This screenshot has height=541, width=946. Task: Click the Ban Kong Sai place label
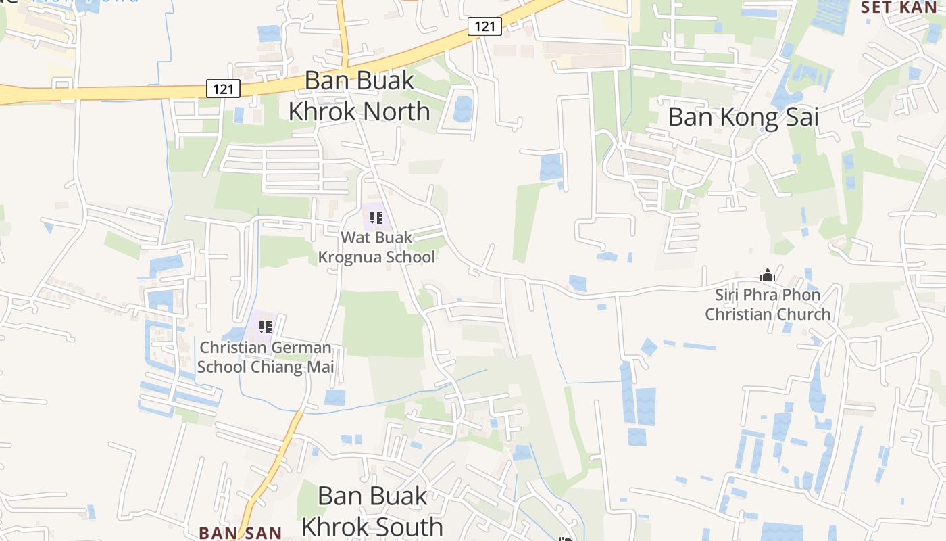click(743, 117)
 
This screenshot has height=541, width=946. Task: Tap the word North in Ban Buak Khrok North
click(395, 111)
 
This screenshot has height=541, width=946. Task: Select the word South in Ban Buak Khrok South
click(407, 526)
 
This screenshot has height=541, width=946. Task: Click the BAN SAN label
click(240, 533)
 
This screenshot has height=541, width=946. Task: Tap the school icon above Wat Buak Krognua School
click(376, 218)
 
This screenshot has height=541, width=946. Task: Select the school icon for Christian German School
click(265, 327)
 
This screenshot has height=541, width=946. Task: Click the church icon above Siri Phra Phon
click(767, 275)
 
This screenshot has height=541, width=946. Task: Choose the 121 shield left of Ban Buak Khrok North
click(223, 89)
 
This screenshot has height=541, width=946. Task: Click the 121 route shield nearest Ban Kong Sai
click(484, 26)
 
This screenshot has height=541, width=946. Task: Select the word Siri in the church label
click(728, 296)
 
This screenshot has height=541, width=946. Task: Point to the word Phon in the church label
click(803, 296)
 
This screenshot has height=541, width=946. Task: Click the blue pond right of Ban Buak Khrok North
click(464, 108)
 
